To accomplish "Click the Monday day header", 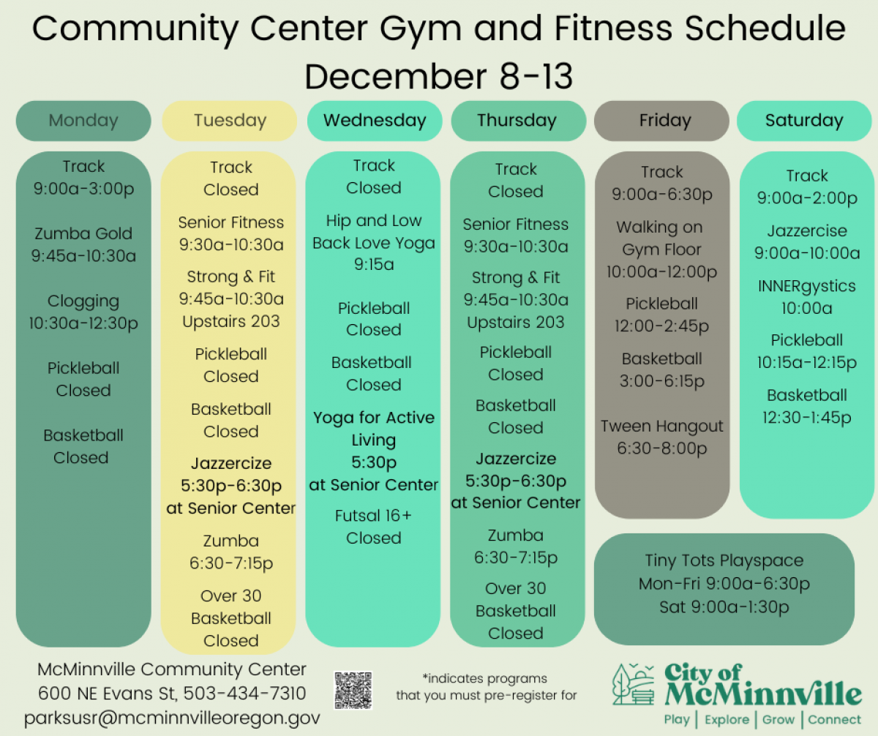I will click(83, 121).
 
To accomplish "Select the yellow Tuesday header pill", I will click(230, 121).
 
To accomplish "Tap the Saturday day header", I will click(804, 121).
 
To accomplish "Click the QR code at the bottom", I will click(353, 690).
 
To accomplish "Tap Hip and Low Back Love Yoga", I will click(374, 232).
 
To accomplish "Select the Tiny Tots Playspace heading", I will click(724, 561).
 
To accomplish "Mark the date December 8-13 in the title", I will click(439, 76).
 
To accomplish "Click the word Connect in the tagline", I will click(835, 719).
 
